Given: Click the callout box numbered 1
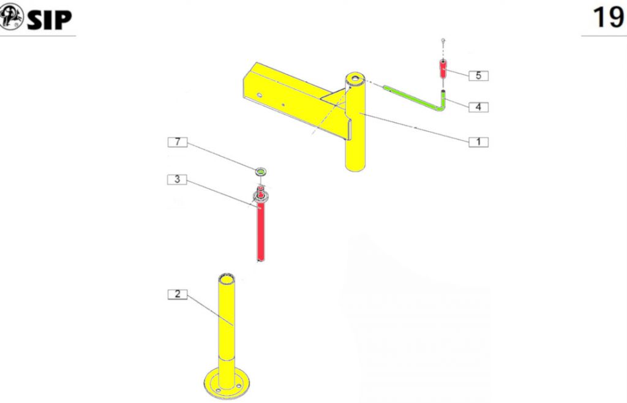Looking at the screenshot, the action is (x=478, y=141).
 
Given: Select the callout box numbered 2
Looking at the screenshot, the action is (x=177, y=294).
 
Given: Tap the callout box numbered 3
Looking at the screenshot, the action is (x=177, y=179).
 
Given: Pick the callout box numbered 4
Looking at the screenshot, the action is (x=478, y=107).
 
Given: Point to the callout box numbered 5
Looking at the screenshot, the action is (x=478, y=75).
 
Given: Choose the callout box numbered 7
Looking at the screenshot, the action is (x=177, y=142).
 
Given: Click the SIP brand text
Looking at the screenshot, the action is (x=49, y=19).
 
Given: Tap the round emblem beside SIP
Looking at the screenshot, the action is (x=11, y=16).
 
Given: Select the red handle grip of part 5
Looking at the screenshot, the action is (x=443, y=69).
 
